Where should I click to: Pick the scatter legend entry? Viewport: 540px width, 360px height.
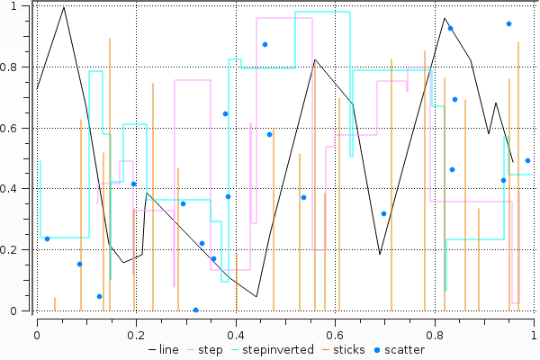point(403,350)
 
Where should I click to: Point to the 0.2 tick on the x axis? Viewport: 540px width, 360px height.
point(136,335)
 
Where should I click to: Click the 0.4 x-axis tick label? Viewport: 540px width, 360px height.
point(236,335)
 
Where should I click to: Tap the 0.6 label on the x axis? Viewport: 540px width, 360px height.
point(336,335)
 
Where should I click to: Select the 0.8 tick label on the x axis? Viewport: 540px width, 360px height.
point(435,335)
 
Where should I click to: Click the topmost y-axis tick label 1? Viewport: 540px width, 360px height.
point(23,6)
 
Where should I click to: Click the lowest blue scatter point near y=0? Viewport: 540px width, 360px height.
point(195,310)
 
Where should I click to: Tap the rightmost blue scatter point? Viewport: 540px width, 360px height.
point(527,161)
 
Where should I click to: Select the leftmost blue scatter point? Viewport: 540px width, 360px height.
point(47,238)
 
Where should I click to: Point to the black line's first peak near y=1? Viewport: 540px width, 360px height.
point(63,8)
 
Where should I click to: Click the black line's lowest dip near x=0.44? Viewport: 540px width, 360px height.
point(256,296)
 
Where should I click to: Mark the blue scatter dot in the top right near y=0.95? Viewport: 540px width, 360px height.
point(508,24)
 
